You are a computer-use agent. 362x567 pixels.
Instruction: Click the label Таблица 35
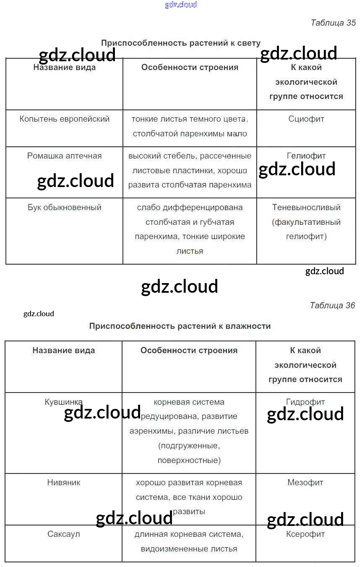(x=333, y=23)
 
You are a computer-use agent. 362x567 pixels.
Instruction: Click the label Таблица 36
(x=332, y=305)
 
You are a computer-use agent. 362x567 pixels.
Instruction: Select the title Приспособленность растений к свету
(x=181, y=43)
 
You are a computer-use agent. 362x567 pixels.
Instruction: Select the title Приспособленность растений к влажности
(x=180, y=326)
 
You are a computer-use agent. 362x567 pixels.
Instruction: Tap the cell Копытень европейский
(x=65, y=119)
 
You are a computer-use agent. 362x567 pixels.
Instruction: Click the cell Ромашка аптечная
(x=65, y=156)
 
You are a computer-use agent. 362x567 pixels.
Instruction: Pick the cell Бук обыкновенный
(x=65, y=208)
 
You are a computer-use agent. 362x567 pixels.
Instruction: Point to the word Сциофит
(x=306, y=119)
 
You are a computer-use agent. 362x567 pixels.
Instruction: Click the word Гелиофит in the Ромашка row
(x=306, y=156)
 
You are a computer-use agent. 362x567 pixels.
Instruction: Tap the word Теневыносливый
(x=306, y=208)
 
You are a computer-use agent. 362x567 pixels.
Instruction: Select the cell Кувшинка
(x=64, y=402)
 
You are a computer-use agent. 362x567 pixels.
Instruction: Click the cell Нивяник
(x=64, y=483)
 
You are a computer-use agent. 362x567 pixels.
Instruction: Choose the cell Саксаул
(x=64, y=534)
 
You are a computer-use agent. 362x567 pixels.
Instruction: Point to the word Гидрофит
(x=305, y=402)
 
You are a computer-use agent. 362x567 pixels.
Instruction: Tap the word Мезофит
(x=305, y=483)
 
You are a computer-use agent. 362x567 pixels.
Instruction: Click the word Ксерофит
(x=305, y=534)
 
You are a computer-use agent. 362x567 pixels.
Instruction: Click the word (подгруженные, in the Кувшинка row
(x=189, y=446)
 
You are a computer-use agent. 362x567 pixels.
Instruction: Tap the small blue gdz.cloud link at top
(x=181, y=5)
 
